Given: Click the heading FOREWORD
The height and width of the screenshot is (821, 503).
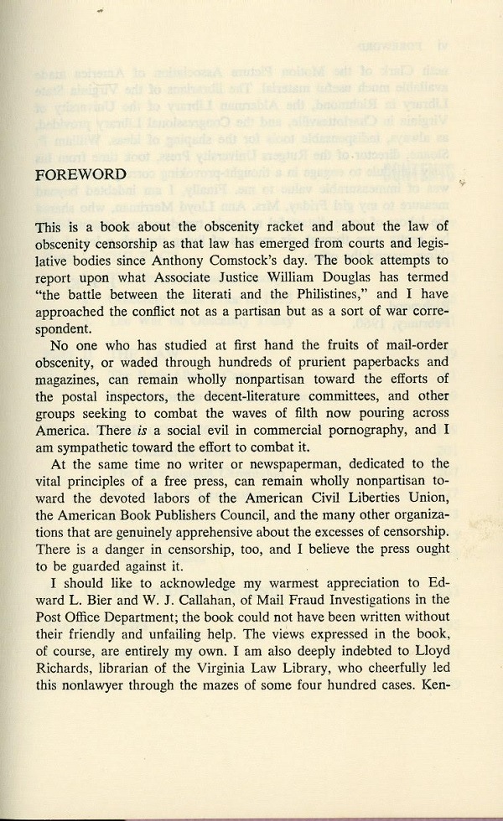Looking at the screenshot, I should pos(81,175).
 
